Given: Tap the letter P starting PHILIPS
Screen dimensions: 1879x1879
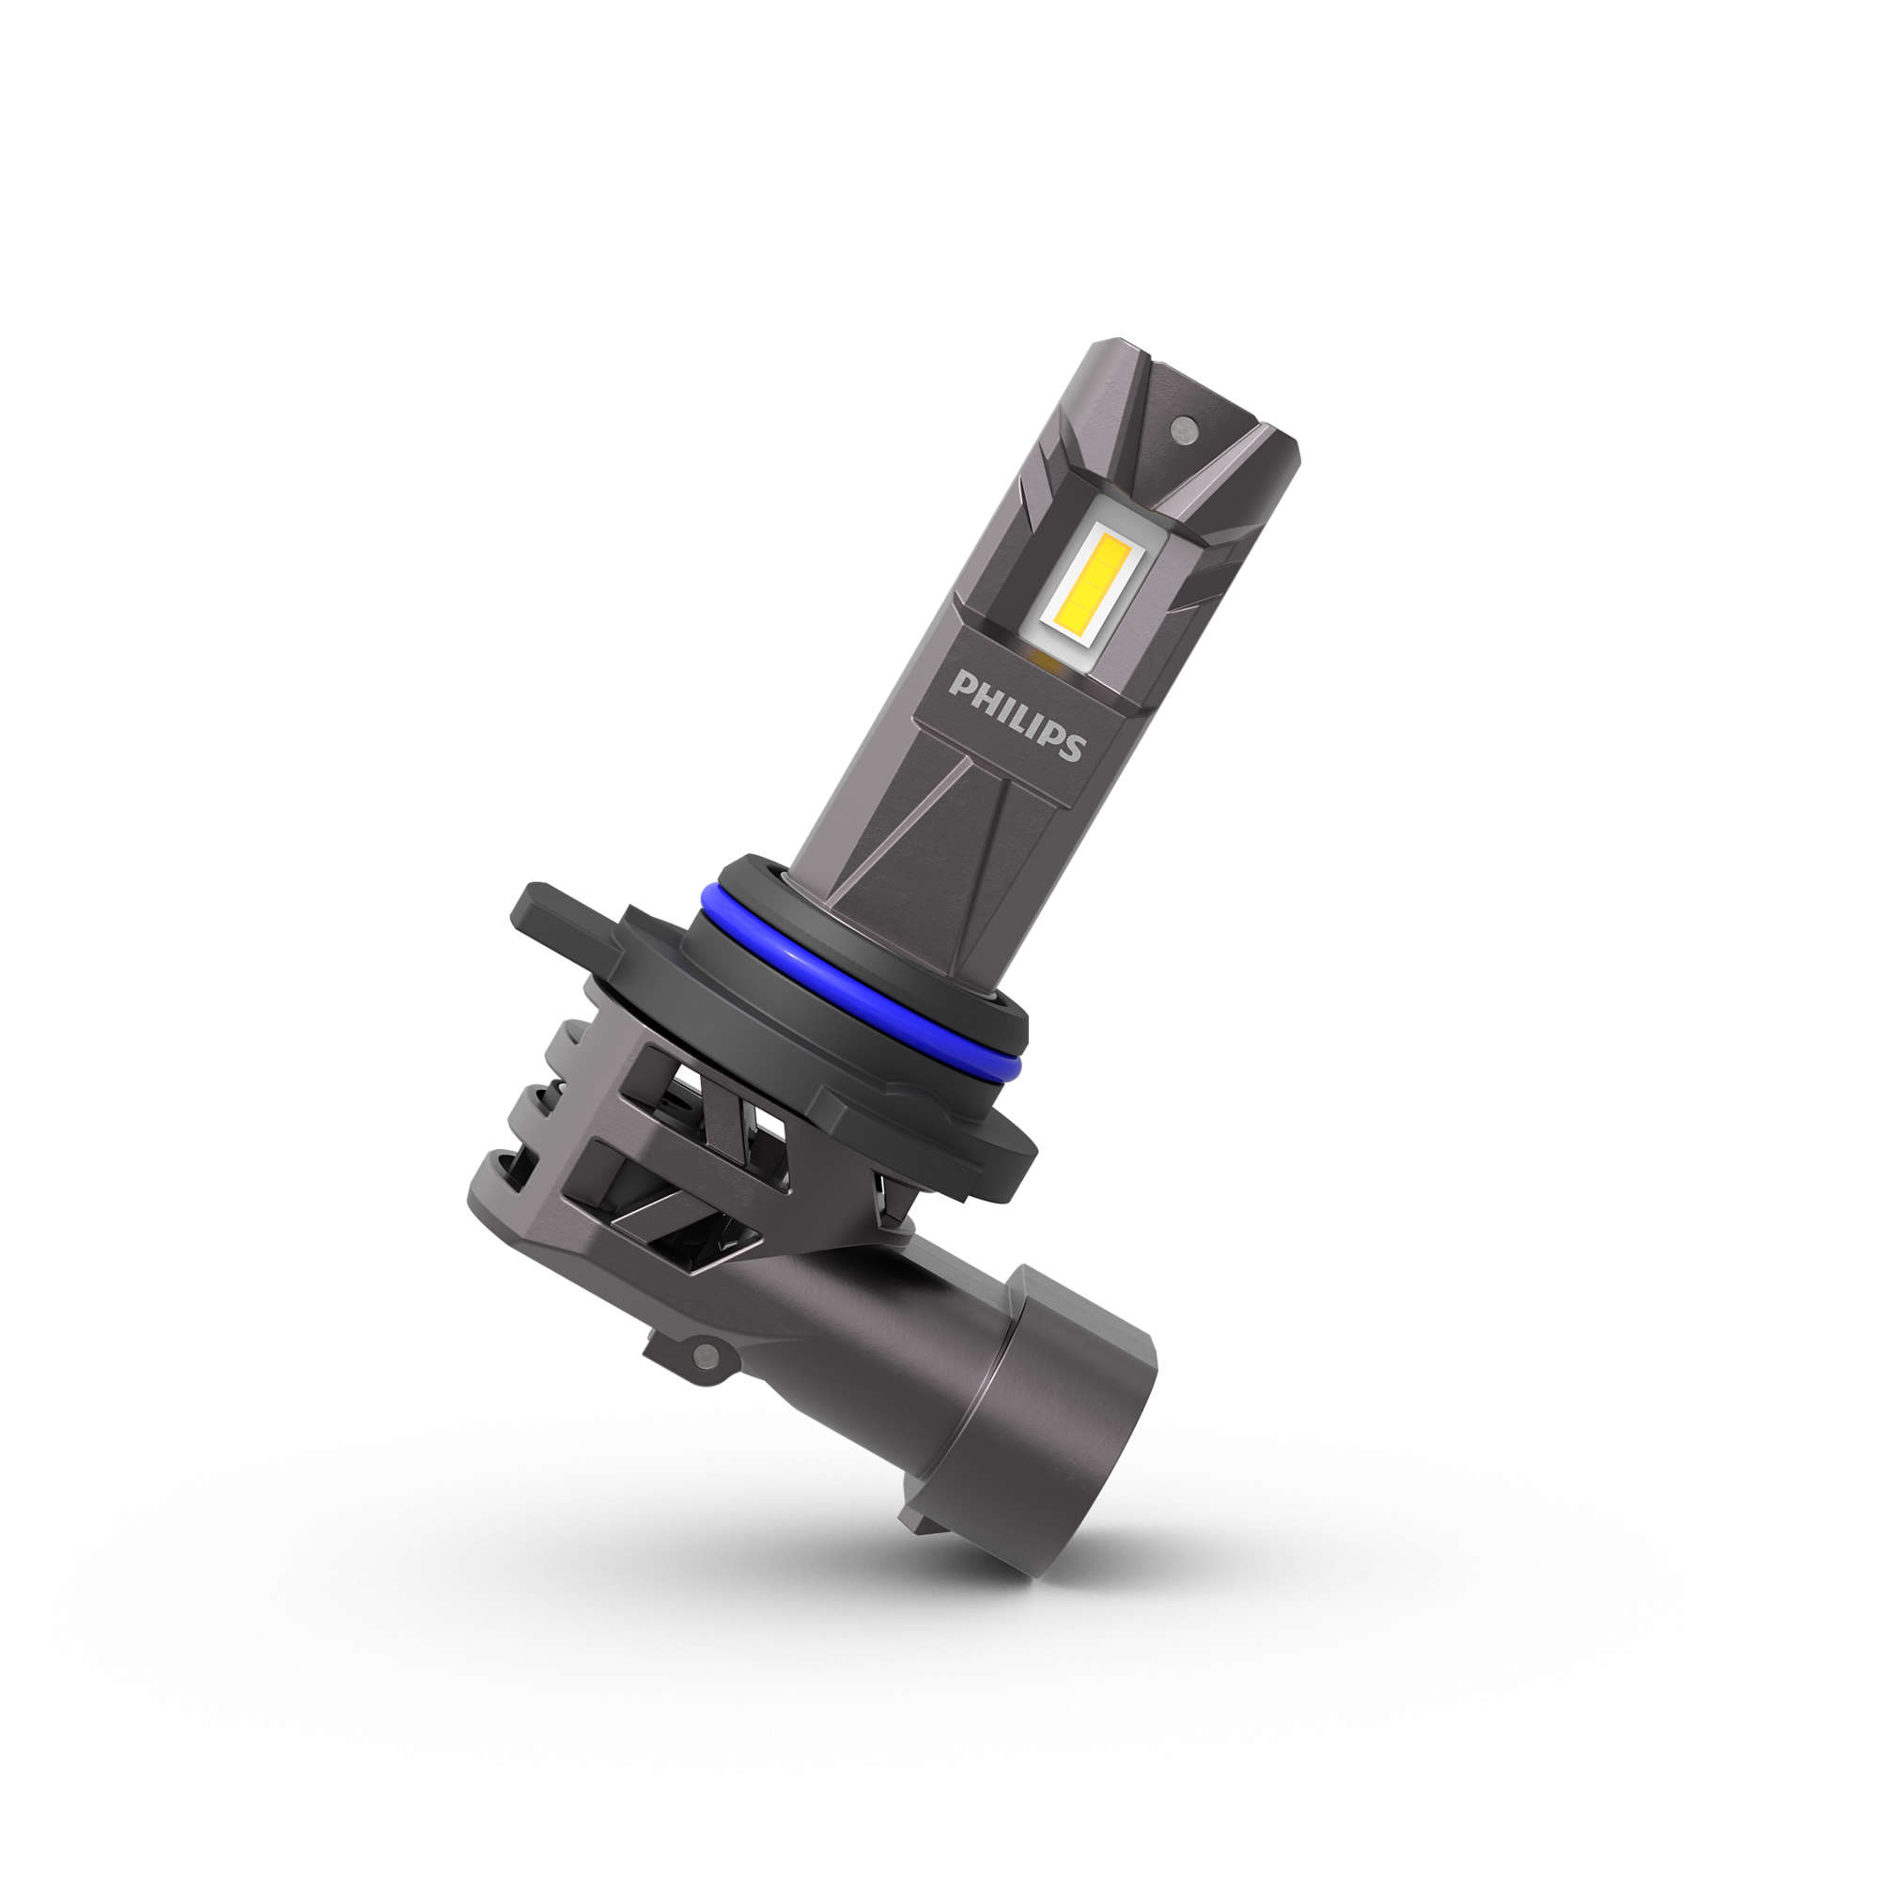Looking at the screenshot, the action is click(x=963, y=687).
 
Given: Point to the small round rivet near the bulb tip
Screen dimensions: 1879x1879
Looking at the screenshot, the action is click(x=1184, y=427).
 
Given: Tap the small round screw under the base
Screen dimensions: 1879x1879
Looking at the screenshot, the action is click(x=707, y=1355).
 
